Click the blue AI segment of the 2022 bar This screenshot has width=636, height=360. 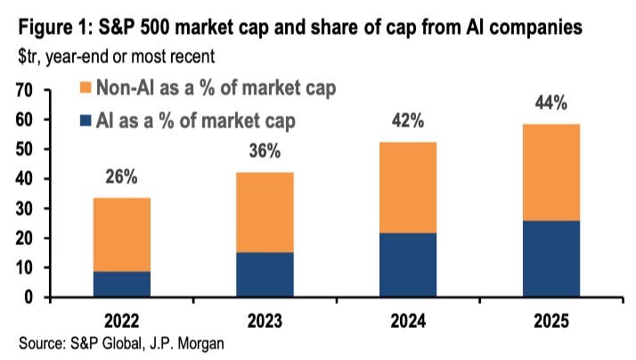[x=121, y=284]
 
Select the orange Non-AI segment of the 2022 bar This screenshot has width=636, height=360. [x=121, y=234]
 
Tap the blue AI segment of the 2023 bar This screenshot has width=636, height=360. [x=265, y=274]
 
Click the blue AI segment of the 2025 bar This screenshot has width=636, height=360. [x=551, y=258]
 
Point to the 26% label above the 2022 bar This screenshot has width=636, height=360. [x=121, y=177]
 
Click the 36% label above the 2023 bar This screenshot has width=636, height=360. [x=265, y=152]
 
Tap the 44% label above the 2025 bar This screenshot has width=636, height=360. [x=551, y=103]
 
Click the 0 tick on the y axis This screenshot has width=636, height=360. [x=29, y=297]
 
